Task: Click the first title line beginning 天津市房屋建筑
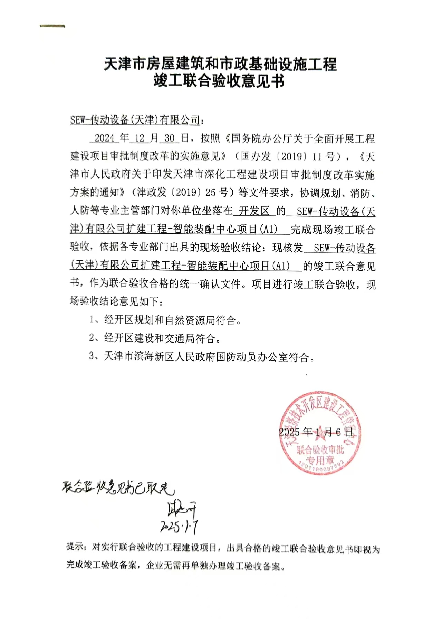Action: tap(220, 64)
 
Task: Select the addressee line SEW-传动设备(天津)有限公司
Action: tap(135, 120)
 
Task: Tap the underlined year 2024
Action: tap(104, 138)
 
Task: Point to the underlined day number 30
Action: tap(169, 138)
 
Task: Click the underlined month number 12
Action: tap(140, 138)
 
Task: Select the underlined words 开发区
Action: tap(254, 211)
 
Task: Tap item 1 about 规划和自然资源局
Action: tap(165, 320)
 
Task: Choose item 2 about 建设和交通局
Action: tap(155, 338)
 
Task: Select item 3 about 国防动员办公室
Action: tap(202, 356)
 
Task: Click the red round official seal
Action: tap(320, 433)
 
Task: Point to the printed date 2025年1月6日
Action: tap(316, 432)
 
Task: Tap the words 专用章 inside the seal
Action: tap(320, 460)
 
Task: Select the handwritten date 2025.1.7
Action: tap(179, 527)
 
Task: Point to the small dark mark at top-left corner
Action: tap(52, 26)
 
